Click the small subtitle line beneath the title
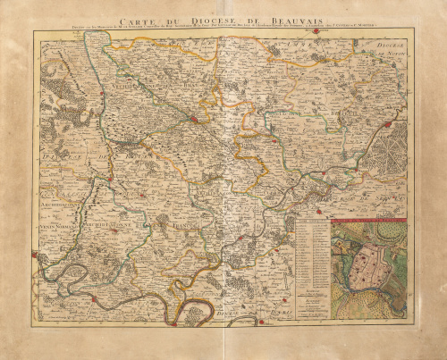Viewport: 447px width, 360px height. coord(223,33)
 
